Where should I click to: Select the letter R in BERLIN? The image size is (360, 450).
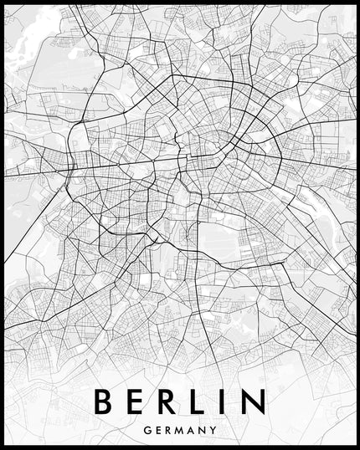(171, 401)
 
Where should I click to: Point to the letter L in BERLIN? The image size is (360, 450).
(203, 401)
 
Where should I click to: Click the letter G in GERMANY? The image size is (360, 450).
(147, 430)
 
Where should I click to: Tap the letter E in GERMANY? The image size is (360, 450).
(158, 430)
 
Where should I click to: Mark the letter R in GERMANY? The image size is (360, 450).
(169, 430)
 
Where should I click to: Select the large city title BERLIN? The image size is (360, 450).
(179, 401)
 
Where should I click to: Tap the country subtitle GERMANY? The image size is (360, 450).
(180, 430)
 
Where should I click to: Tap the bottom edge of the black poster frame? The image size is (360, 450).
(180, 447)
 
